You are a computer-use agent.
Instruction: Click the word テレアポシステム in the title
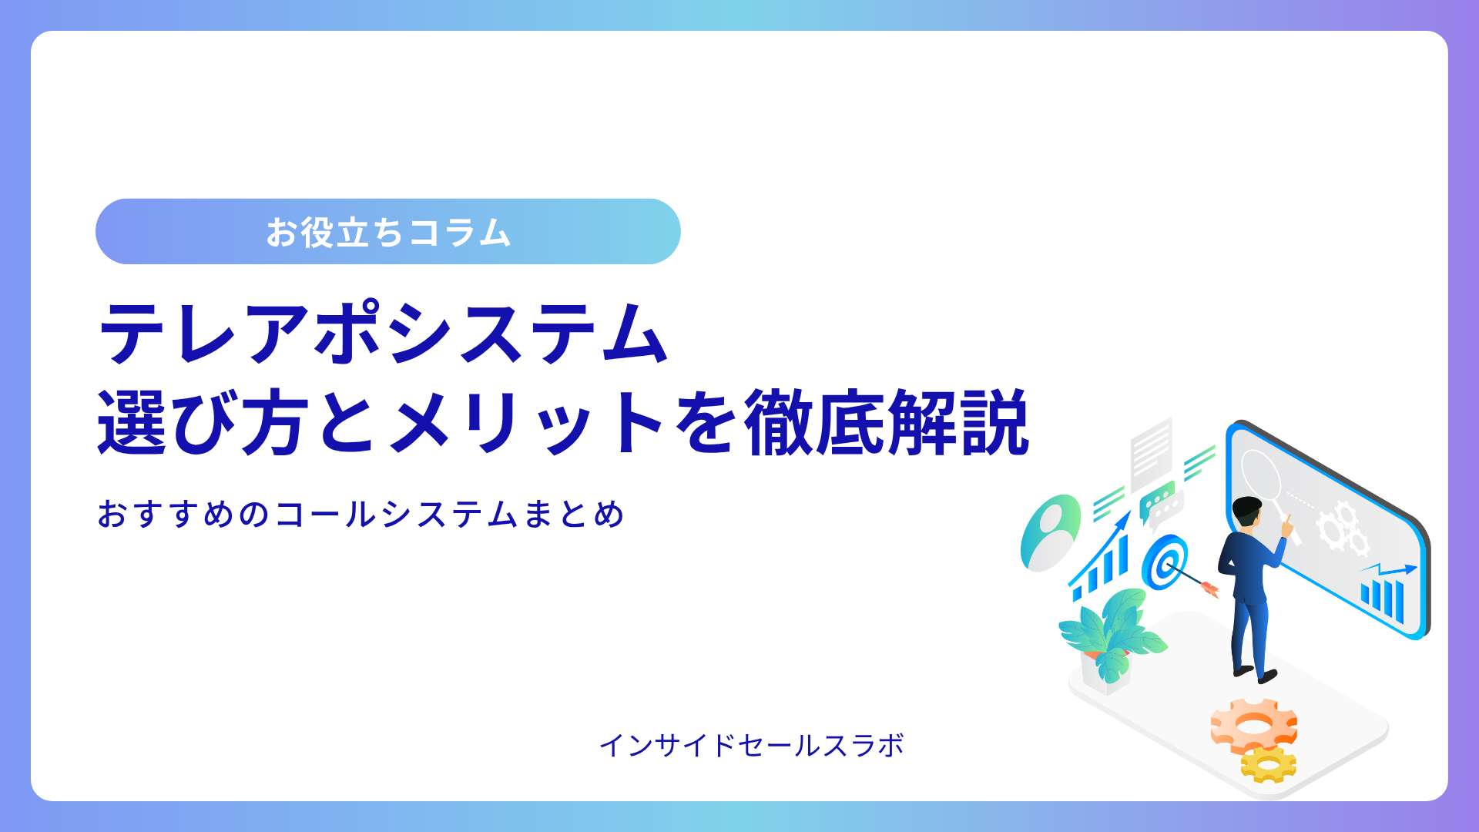(383, 333)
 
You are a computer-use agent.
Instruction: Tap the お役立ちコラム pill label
(388, 232)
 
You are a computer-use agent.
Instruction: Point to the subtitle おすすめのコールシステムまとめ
(361, 514)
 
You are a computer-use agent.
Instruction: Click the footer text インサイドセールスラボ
(752, 745)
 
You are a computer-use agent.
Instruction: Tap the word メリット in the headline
(528, 422)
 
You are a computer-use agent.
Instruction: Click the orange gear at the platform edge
(1253, 724)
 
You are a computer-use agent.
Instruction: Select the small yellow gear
(1268, 766)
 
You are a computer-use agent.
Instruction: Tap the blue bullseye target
(1164, 562)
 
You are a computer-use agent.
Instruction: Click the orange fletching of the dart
(1209, 589)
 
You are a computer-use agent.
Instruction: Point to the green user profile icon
(1049, 533)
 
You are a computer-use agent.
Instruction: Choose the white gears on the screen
(1343, 528)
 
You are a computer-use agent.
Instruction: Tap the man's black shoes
(1256, 674)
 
